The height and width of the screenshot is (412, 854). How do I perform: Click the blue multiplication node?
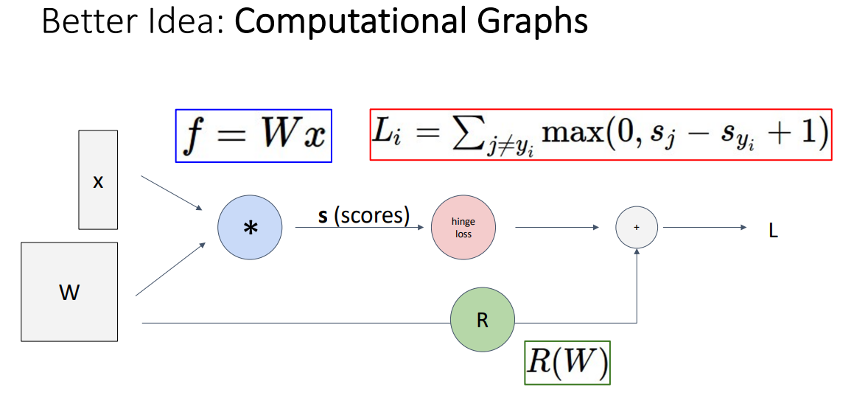(250, 228)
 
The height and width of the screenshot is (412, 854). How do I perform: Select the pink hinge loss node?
(463, 228)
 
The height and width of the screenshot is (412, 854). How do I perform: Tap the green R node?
(483, 322)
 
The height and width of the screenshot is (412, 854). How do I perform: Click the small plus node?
(636, 228)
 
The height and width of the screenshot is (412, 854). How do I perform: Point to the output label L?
(772, 231)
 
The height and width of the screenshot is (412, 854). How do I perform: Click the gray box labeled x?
(98, 181)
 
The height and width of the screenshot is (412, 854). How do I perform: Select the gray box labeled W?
(69, 292)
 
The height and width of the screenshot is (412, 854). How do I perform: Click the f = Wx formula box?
(253, 136)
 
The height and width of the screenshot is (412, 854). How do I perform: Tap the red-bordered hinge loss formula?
(600, 134)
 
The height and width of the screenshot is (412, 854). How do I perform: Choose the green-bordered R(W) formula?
(567, 361)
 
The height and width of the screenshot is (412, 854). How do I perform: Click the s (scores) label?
(363, 216)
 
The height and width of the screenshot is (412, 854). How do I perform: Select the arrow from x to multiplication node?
(172, 193)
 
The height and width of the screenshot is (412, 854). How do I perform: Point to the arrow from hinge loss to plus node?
(556, 228)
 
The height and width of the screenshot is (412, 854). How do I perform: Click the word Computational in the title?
(357, 21)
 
